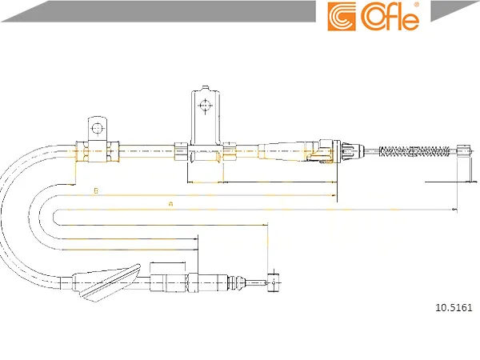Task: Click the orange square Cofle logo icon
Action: pos(342,17)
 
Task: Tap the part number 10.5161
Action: pos(454,307)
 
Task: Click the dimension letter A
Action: pos(171,203)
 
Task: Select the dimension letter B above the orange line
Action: pos(96,190)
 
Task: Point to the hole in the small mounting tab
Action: pos(98,128)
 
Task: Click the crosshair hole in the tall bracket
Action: pos(205,106)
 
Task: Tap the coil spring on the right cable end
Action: pos(414,151)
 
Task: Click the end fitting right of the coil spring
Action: pos(463,151)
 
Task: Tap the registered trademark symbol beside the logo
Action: pos(416,5)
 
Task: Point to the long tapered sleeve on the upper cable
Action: pos(285,151)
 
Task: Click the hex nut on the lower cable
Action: pos(194,282)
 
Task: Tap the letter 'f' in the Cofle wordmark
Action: pos(388,17)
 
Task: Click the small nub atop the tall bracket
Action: pos(205,88)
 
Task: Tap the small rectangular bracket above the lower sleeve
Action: pos(168,267)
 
